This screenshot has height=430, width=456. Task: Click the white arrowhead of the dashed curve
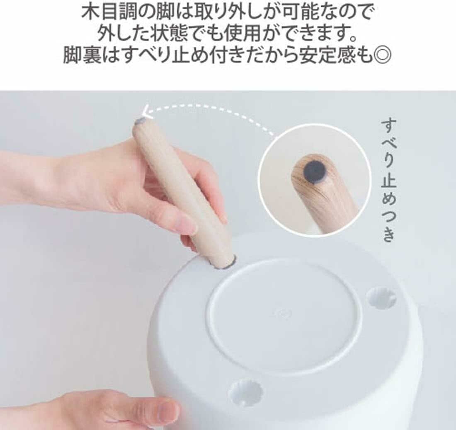click(x=147, y=112)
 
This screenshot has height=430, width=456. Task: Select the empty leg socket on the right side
click(x=381, y=298)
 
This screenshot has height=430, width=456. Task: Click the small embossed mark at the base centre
click(x=281, y=313)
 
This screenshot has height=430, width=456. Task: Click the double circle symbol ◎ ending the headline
click(x=382, y=55)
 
